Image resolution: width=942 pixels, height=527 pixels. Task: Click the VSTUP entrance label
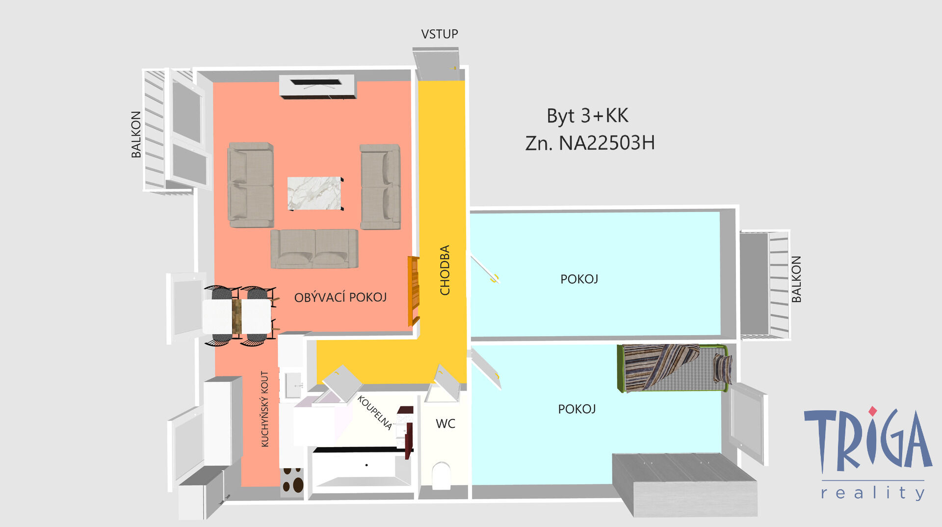pyautogui.click(x=439, y=34)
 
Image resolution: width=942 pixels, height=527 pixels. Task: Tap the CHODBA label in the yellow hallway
pyautogui.click(x=445, y=270)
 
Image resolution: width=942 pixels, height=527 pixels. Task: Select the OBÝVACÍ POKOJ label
pyautogui.click(x=340, y=297)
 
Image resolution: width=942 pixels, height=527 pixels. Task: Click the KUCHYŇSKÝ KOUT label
pyautogui.click(x=265, y=409)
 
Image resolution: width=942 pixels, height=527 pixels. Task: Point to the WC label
pyautogui.click(x=445, y=423)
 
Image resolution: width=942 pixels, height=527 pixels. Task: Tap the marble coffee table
pyautogui.click(x=315, y=193)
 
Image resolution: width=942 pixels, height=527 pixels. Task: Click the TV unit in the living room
pyautogui.click(x=317, y=86)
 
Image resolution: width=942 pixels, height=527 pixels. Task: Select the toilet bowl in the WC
pyautogui.click(x=442, y=475)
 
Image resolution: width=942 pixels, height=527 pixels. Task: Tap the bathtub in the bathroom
pyautogui.click(x=362, y=470)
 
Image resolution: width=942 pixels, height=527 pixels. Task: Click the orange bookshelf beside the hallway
pyautogui.click(x=414, y=291)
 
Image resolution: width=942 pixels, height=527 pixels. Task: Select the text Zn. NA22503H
pyautogui.click(x=590, y=143)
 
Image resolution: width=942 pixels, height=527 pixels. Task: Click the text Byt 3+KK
pyautogui.click(x=587, y=116)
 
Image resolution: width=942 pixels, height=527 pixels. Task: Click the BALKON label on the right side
pyautogui.click(x=796, y=279)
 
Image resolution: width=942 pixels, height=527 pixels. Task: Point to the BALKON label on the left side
pyautogui.click(x=136, y=134)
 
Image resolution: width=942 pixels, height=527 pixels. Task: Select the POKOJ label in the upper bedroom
pyautogui.click(x=579, y=279)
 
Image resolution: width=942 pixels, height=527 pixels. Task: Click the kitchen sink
pyautogui.click(x=293, y=385)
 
